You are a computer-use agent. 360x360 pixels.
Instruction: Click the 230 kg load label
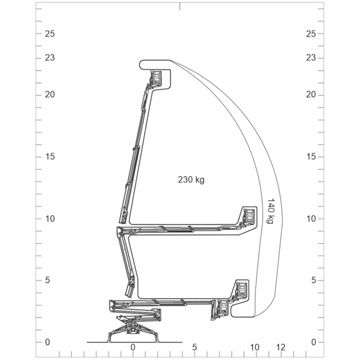[x=191, y=180]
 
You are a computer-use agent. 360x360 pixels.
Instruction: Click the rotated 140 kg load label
[x=271, y=211]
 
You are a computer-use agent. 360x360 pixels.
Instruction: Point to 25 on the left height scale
[x=50, y=34]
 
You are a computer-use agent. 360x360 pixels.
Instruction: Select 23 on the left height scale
[x=50, y=58]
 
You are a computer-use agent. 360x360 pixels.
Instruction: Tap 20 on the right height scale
[x=311, y=95]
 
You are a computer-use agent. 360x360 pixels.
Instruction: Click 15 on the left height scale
[x=50, y=157]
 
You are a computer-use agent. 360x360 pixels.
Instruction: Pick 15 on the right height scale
[x=311, y=157]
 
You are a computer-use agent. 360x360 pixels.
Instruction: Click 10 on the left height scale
[x=50, y=219]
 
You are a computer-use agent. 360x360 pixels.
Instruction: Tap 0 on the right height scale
[x=313, y=342]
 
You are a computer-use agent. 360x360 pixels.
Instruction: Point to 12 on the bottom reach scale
[x=280, y=347]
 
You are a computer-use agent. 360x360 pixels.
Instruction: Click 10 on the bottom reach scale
[x=255, y=347]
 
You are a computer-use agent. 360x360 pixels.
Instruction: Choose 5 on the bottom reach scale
[x=195, y=347]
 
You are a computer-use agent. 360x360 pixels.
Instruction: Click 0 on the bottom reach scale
[x=133, y=347]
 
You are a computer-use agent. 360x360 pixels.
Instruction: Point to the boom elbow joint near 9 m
[x=121, y=232]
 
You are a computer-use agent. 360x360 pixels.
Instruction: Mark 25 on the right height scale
[x=311, y=34]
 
